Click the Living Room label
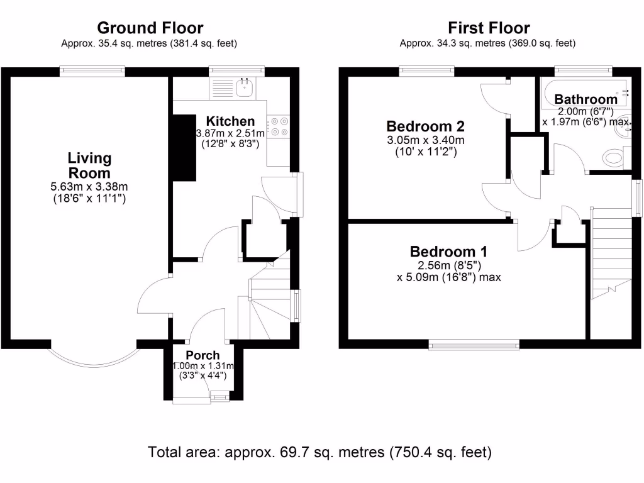point(89,165)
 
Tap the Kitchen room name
point(230,121)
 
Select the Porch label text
point(203,355)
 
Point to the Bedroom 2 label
point(426,126)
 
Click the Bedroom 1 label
point(448,252)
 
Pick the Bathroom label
point(586,99)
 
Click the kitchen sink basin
point(245,87)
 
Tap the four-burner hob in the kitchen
point(279,126)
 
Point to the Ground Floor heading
point(150,28)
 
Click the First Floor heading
point(489,28)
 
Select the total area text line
point(319,452)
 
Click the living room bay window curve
point(94,365)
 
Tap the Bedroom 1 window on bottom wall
point(474,345)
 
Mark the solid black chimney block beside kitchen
point(184,147)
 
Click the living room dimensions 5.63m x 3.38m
point(89,186)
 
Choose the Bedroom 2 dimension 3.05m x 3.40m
point(426,140)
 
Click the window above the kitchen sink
point(236,72)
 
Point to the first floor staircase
point(611,253)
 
